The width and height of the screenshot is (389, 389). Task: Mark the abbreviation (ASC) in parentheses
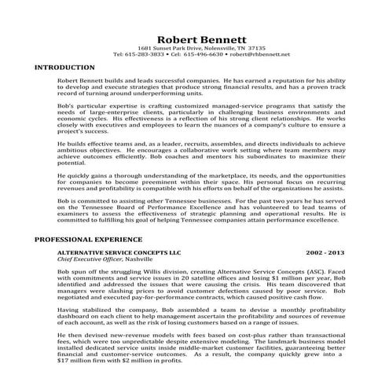pyautogui.click(x=321, y=270)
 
